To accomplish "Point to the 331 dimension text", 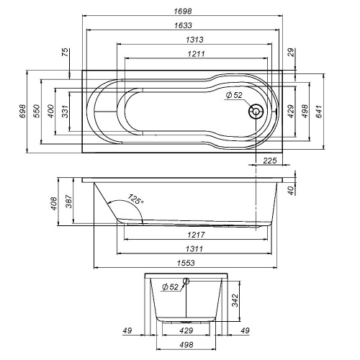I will point(64,111).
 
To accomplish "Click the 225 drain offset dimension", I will point(270,160).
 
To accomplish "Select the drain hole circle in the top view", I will point(255,112).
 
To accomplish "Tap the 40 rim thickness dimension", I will point(290,190).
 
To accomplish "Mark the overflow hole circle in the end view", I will point(186,282).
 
